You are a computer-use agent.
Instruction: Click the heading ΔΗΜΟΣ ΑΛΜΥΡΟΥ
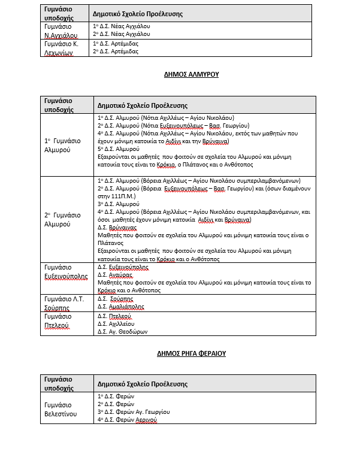click(x=191, y=75)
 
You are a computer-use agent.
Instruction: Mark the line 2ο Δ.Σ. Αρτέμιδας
click(x=116, y=52)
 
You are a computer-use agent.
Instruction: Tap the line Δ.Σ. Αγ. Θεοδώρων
click(x=122, y=331)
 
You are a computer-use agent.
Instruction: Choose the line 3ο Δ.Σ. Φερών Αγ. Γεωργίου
click(x=134, y=412)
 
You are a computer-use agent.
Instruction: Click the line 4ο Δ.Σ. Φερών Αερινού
click(x=127, y=420)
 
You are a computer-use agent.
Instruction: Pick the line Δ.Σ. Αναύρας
click(x=111, y=274)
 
